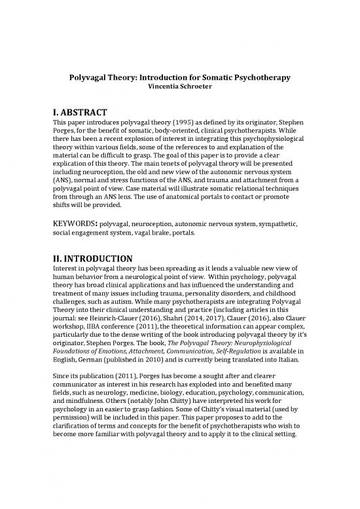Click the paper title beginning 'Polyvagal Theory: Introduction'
[x=180, y=78]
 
